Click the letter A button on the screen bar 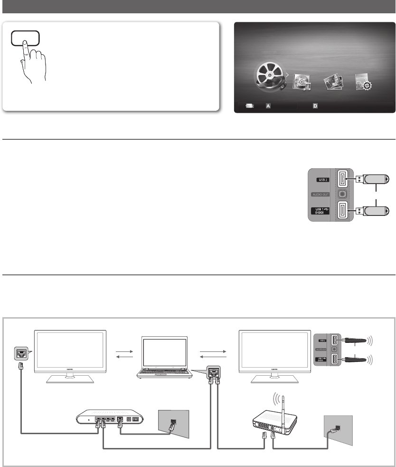point(268,106)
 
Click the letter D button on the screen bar point(315,106)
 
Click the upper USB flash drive point(376,179)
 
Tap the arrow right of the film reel point(286,75)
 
